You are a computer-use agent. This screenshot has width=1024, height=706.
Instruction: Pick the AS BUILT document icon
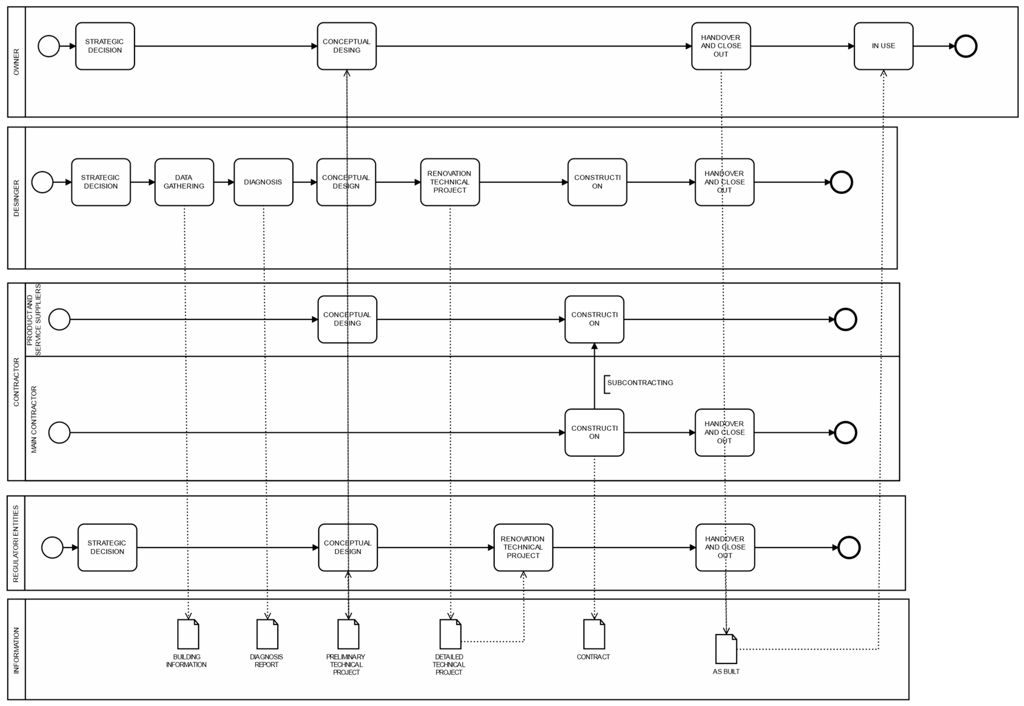pyautogui.click(x=726, y=649)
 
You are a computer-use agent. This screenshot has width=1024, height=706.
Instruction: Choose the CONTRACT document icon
pyautogui.click(x=593, y=634)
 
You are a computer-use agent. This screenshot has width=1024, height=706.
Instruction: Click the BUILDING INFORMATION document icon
pyautogui.click(x=188, y=634)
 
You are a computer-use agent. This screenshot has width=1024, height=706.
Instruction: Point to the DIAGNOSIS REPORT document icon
pyautogui.click(x=267, y=634)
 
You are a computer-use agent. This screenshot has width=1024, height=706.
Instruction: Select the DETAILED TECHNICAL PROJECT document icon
pyautogui.click(x=450, y=634)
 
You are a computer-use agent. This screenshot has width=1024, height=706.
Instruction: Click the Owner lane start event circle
pyautogui.click(x=49, y=46)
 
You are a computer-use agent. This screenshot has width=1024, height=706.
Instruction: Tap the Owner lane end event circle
pyautogui.click(x=966, y=46)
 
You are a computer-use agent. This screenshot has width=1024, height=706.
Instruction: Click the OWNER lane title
pyautogui.click(x=16, y=62)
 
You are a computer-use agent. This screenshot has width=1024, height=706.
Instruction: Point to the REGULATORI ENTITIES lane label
pyautogui.click(x=16, y=544)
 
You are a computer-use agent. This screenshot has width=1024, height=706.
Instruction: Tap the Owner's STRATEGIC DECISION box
pyautogui.click(x=105, y=46)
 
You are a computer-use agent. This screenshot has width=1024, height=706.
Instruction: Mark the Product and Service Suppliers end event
pyautogui.click(x=845, y=319)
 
